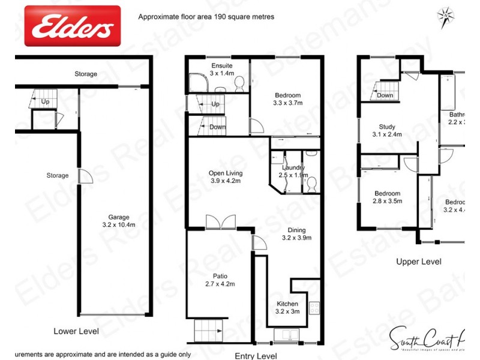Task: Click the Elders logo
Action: (72, 26)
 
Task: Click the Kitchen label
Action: (287, 304)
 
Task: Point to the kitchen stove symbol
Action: (314, 309)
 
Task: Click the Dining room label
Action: (296, 230)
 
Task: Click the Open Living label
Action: (225, 173)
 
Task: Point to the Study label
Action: (387, 127)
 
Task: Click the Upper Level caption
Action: (418, 262)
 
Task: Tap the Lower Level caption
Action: (76, 331)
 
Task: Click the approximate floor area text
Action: (206, 17)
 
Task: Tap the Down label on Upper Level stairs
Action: (385, 95)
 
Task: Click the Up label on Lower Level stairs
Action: (46, 101)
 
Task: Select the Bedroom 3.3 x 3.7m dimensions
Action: (287, 103)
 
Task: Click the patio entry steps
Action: (208, 329)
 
